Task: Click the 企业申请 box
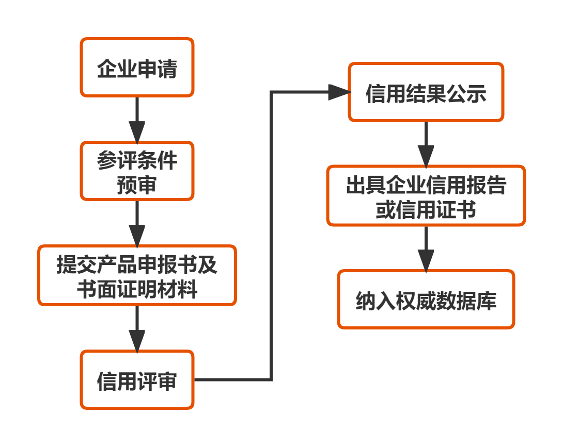137,68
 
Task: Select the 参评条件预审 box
137,171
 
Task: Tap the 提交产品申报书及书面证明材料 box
137,275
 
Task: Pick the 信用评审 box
137,380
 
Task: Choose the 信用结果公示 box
426,93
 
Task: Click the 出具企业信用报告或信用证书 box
426,196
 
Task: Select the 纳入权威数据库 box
426,300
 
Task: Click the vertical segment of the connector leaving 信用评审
272,237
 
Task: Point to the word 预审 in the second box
137,185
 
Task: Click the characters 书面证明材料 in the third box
137,289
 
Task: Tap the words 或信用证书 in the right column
426,210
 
